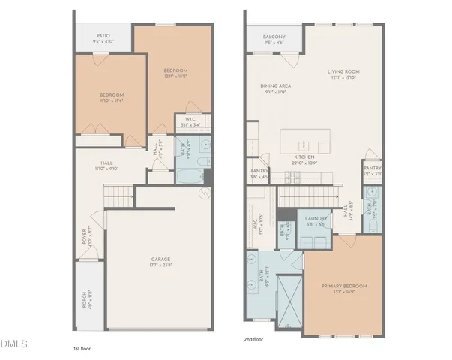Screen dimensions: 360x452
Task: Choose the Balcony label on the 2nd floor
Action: click(273, 37)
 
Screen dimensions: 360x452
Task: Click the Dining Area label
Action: click(276, 86)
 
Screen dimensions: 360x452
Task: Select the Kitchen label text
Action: click(304, 159)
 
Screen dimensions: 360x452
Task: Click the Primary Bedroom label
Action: click(343, 286)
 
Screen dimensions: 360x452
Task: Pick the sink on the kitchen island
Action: click(304, 145)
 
